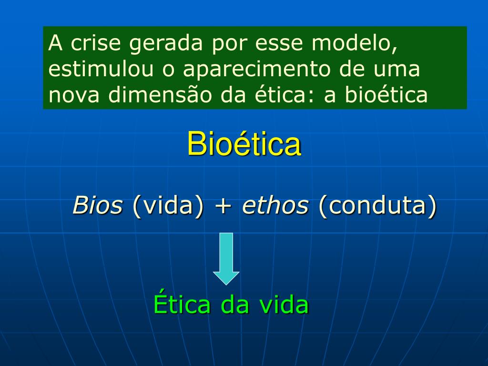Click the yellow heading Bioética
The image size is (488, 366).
pos(244,144)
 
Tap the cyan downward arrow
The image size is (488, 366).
pos(226,259)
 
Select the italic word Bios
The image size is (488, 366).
pos(98,205)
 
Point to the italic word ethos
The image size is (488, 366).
pos(275,205)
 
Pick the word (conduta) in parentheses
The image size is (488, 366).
pos(378,206)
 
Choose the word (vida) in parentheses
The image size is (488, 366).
pos(168,206)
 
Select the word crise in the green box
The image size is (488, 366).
pos(95,43)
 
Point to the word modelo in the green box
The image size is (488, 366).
pos(355,43)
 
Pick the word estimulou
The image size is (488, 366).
pos(101,69)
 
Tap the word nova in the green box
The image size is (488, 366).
pos(74,96)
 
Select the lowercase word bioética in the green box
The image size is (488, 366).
pos(386,95)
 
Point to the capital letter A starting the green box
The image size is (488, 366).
pos(55,43)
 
